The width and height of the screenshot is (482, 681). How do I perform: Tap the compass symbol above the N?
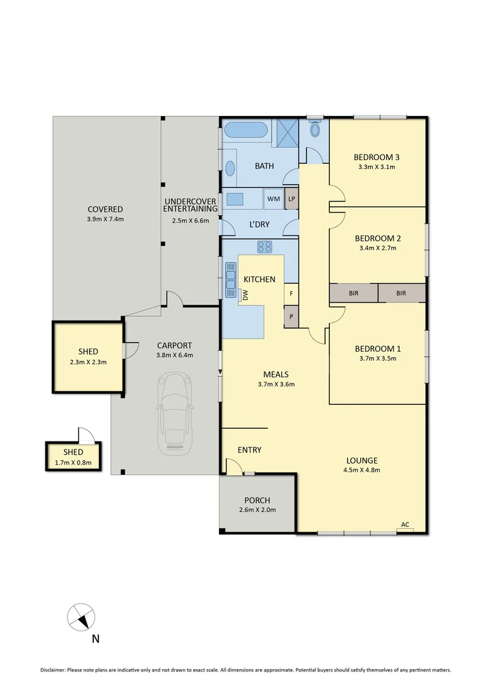[82, 615]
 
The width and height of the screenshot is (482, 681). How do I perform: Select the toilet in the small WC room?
[315, 131]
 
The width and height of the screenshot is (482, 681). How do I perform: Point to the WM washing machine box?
[273, 199]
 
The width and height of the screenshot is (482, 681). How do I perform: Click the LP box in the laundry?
[291, 199]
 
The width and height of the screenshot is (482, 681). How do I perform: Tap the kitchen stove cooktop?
[264, 247]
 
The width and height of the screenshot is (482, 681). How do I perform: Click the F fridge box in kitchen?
[291, 294]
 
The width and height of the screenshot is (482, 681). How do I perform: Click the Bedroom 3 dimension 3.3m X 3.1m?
[377, 167]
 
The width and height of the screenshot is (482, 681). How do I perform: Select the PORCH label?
[257, 499]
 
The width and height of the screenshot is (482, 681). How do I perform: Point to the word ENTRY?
[249, 450]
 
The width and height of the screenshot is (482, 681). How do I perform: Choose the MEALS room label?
[276, 374]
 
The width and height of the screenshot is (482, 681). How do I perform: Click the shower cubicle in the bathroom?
[287, 132]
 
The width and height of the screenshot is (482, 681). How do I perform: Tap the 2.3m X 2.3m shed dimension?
[88, 362]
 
